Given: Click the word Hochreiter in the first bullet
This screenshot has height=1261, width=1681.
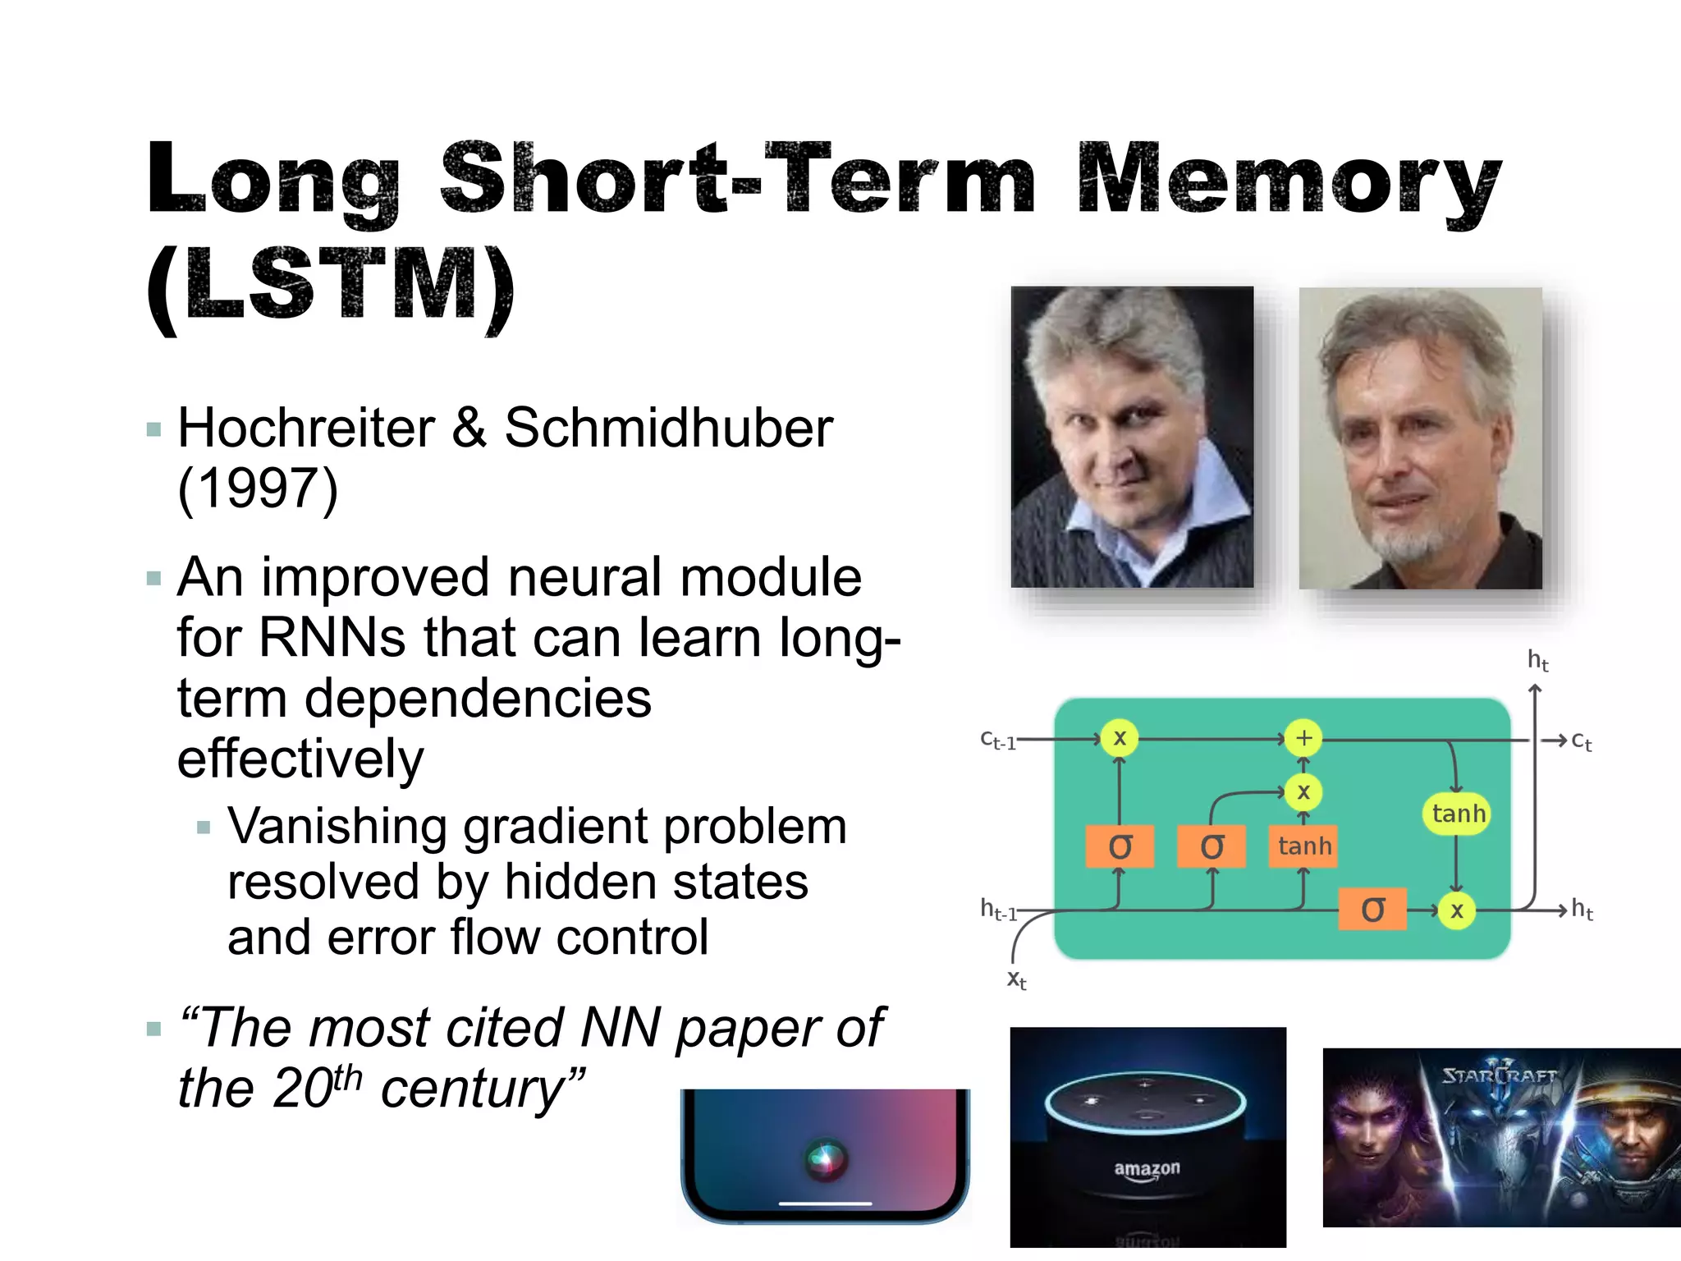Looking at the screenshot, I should coord(306,429).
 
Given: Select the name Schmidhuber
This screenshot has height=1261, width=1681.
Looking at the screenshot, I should coord(668,429).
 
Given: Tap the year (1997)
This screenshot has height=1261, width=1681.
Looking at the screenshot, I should coord(258,489).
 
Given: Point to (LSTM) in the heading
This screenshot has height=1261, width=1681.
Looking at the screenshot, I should coord(331,285).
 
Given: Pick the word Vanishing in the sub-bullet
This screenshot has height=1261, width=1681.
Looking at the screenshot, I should coord(337,826).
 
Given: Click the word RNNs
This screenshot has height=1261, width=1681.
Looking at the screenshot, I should coord(332,638).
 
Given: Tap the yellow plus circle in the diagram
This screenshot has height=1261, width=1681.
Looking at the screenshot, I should coord(1303,738).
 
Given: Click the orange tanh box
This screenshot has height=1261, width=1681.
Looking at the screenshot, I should coord(1303,846).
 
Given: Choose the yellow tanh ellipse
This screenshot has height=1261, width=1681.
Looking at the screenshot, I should coord(1458,814).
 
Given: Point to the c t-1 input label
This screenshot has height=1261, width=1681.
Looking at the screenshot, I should coord(998,741).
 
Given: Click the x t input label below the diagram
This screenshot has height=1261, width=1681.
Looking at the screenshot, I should coord(1016,979).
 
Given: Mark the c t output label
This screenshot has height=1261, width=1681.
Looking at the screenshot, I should coord(1581,741).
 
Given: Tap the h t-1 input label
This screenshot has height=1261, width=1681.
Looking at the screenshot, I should coord(998,910).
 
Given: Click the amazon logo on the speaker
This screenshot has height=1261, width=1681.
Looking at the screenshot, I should coord(1147,1169).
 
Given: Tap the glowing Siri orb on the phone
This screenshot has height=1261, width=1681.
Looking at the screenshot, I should coord(826,1158).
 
